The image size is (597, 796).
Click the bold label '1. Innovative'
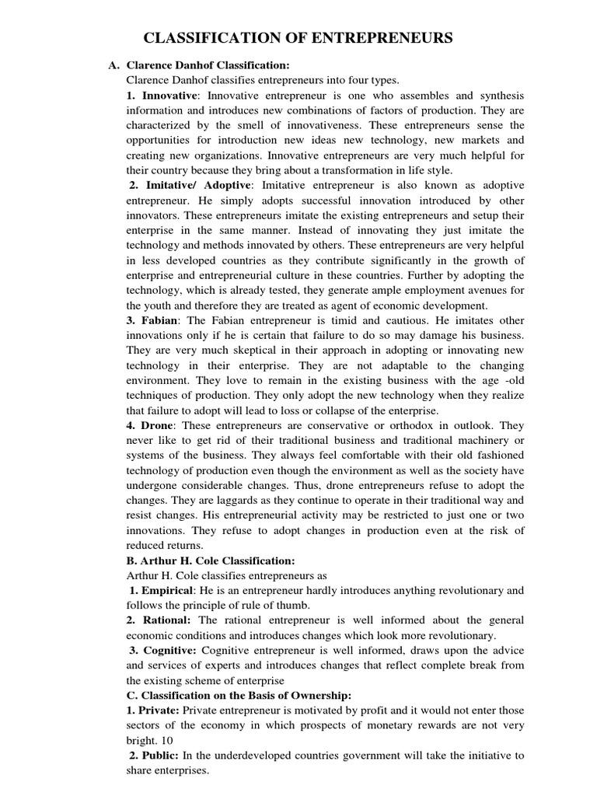click(x=162, y=95)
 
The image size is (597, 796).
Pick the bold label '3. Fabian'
click(x=152, y=320)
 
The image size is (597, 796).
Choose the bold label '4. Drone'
click(x=151, y=426)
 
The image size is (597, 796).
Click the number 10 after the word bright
click(x=168, y=740)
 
